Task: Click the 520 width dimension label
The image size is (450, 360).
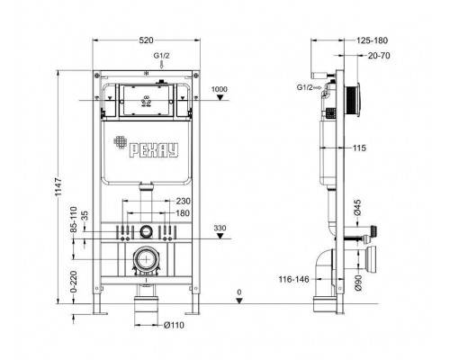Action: click(x=146, y=40)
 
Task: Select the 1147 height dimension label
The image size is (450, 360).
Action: click(x=58, y=187)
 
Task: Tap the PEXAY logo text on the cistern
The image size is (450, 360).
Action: click(x=154, y=150)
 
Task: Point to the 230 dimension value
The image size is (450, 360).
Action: click(x=183, y=201)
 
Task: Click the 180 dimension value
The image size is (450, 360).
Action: click(x=183, y=213)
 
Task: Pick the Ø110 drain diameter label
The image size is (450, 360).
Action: click(x=174, y=325)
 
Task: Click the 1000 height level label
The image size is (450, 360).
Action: click(x=220, y=89)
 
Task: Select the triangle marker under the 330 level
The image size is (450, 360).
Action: click(x=220, y=236)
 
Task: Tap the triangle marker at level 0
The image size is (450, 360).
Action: click(x=239, y=301)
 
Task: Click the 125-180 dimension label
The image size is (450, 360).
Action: click(x=372, y=40)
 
